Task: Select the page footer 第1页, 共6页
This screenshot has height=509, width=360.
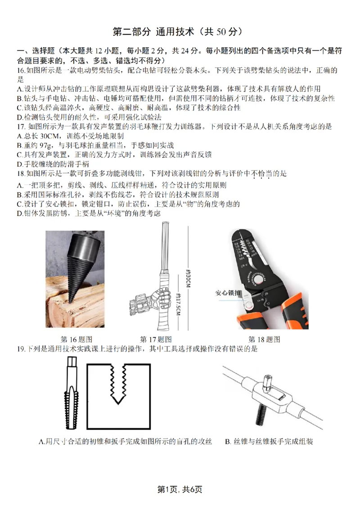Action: [x=180, y=489]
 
